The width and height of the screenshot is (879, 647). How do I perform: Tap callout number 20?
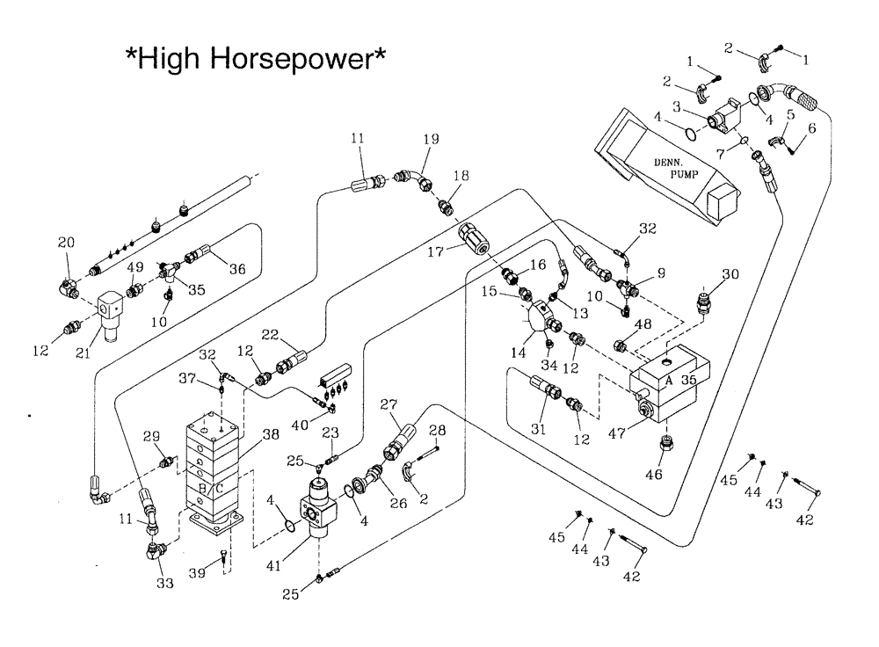pyautogui.click(x=66, y=243)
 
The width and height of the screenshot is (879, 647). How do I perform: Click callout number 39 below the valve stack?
pyautogui.click(x=199, y=575)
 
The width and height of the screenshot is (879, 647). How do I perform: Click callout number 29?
pyautogui.click(x=150, y=436)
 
